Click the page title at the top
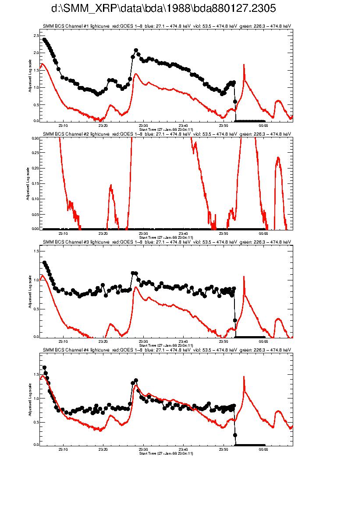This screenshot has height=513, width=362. pos(163,9)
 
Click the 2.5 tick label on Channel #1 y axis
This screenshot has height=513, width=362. pos(36,35)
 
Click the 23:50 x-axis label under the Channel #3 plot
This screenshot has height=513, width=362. pos(224,341)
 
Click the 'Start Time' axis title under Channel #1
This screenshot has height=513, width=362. pos(166,130)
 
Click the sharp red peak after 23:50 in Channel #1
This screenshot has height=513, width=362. pos(244,65)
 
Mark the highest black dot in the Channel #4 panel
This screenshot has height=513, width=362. pos(44,368)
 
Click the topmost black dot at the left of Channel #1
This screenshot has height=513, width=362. pos(44,39)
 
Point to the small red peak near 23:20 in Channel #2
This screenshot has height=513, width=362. pos(111,186)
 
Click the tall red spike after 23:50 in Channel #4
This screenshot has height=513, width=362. pos(244,377)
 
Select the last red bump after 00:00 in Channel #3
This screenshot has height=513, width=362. pos(278,319)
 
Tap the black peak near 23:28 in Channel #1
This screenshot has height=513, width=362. pos(136,50)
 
